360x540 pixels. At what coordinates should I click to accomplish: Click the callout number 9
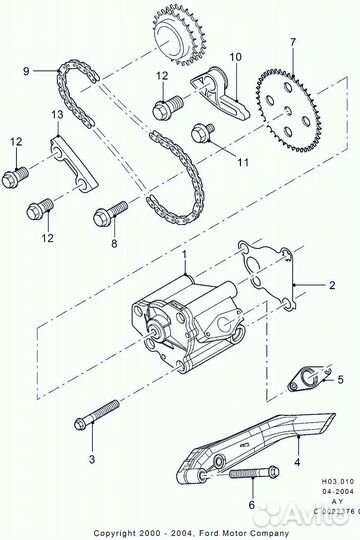(28, 70)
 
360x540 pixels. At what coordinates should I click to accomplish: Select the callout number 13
(57, 116)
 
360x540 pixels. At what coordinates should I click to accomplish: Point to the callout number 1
(185, 258)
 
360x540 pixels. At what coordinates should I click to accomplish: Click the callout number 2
(333, 285)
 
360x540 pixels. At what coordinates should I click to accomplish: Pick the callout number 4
(297, 464)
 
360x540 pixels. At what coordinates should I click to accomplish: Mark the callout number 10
(236, 57)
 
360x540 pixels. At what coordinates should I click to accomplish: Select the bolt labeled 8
(108, 214)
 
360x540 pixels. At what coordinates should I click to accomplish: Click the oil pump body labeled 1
(185, 315)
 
